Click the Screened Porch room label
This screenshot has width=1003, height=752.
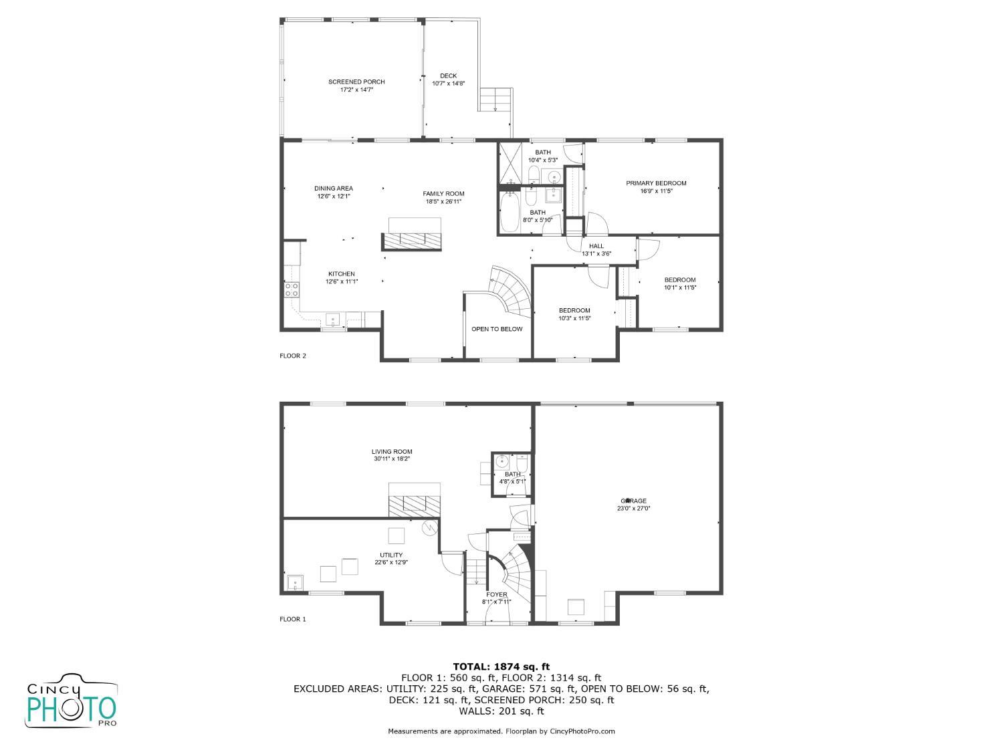(x=356, y=82)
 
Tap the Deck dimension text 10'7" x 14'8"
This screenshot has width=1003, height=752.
(x=448, y=84)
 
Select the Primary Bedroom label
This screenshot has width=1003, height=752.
(x=656, y=183)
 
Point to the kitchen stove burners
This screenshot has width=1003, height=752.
(x=292, y=289)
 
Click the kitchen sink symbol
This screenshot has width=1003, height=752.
(x=332, y=319)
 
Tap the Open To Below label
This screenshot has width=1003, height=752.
(x=497, y=329)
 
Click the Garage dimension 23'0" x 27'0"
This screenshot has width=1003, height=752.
(x=633, y=508)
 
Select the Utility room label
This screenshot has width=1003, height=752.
(x=391, y=555)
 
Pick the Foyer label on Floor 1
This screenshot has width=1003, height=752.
(x=497, y=594)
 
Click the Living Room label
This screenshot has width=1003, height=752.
(x=392, y=452)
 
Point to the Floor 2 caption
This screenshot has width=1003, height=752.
(x=293, y=356)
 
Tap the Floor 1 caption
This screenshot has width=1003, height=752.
(x=293, y=619)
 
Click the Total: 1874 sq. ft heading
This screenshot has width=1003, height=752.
(x=501, y=667)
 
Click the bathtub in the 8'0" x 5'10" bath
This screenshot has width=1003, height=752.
(x=509, y=213)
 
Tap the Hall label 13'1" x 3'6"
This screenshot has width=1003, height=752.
(x=596, y=250)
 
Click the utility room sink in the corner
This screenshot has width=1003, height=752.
(x=295, y=583)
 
